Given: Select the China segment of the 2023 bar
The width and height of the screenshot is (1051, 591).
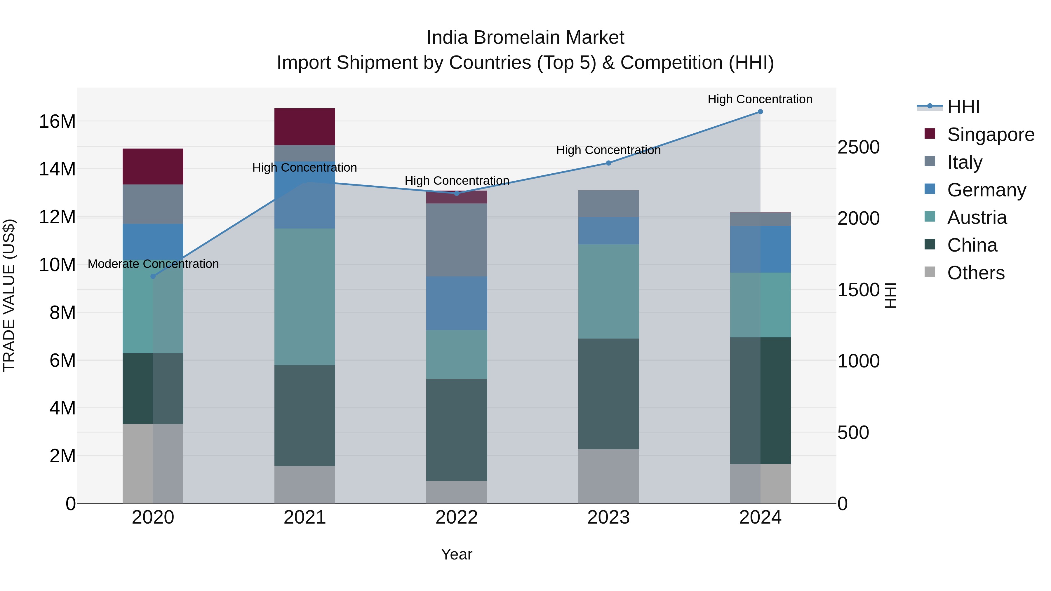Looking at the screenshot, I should pos(608,394).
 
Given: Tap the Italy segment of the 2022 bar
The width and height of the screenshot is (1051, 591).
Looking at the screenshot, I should pos(457,240).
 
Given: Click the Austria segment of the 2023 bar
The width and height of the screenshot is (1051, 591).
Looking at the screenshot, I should pos(608,291).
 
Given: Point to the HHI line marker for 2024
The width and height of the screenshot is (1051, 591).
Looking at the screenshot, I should pos(760,112).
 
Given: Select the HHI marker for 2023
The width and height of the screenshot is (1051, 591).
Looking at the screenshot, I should pos(608,163).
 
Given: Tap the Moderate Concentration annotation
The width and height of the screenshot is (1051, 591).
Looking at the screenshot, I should pos(153,264).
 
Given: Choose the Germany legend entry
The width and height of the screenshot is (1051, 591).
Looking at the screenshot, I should pos(986,190).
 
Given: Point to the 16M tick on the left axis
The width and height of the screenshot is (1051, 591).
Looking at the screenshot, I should pos(57,121).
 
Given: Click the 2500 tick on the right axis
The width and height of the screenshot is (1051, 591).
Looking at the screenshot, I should pos(858,147).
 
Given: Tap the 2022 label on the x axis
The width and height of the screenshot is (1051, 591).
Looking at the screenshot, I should pos(457,517).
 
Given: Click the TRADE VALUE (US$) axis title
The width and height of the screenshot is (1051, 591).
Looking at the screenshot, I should pos(9,295).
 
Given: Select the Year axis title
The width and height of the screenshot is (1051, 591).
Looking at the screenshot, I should pos(457,554).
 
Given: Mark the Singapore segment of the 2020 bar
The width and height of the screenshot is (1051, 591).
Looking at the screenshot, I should pos(153,166).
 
